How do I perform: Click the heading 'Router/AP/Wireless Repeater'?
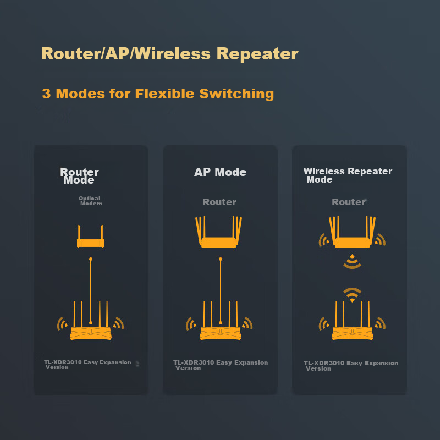click(x=169, y=54)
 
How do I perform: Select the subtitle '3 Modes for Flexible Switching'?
click(x=158, y=94)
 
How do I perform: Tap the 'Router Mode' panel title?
click(x=79, y=176)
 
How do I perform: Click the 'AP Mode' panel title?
click(x=220, y=172)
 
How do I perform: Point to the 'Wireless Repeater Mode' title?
click(x=348, y=175)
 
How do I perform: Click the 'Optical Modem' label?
click(x=90, y=201)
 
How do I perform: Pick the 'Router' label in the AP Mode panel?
click(x=219, y=202)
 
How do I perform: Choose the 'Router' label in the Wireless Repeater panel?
click(x=349, y=202)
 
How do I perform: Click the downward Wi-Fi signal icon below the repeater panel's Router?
click(x=352, y=262)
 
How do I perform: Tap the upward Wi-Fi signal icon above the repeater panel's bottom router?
click(x=352, y=295)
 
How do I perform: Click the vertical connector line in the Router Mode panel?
click(x=90, y=289)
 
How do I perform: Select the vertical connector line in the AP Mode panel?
click(x=220, y=289)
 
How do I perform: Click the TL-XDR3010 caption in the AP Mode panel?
click(x=220, y=365)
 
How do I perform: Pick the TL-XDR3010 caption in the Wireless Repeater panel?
click(x=350, y=366)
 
